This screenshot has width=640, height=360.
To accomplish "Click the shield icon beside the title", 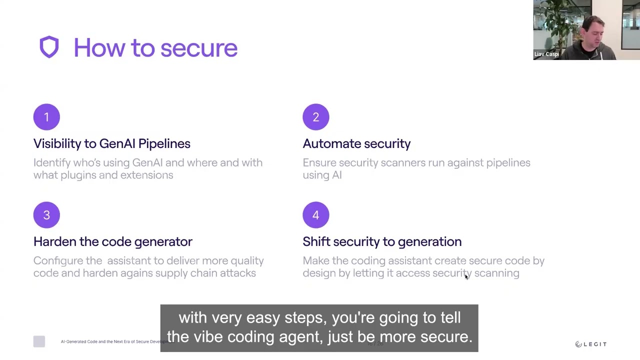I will click(49, 47).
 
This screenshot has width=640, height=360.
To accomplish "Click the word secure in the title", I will click(198, 48).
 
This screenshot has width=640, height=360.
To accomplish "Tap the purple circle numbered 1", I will click(46, 117).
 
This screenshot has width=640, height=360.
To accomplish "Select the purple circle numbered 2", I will click(315, 117).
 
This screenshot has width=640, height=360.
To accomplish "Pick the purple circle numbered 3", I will click(46, 215).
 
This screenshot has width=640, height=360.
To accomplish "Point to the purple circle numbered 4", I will click(315, 215).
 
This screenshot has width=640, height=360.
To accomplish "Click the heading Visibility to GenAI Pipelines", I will click(111, 144).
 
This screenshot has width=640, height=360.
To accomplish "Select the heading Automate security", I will click(356, 144).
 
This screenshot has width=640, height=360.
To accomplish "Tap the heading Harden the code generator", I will click(112, 242).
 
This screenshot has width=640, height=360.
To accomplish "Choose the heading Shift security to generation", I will click(382, 242).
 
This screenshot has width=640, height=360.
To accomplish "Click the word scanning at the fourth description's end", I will click(496, 273).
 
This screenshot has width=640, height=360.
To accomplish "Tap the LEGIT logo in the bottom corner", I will click(590, 344).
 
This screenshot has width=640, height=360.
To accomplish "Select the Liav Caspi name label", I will click(546, 54).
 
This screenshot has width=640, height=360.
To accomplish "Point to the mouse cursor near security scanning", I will click(466, 276).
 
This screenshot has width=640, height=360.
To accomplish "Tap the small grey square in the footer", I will click(39, 341).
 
